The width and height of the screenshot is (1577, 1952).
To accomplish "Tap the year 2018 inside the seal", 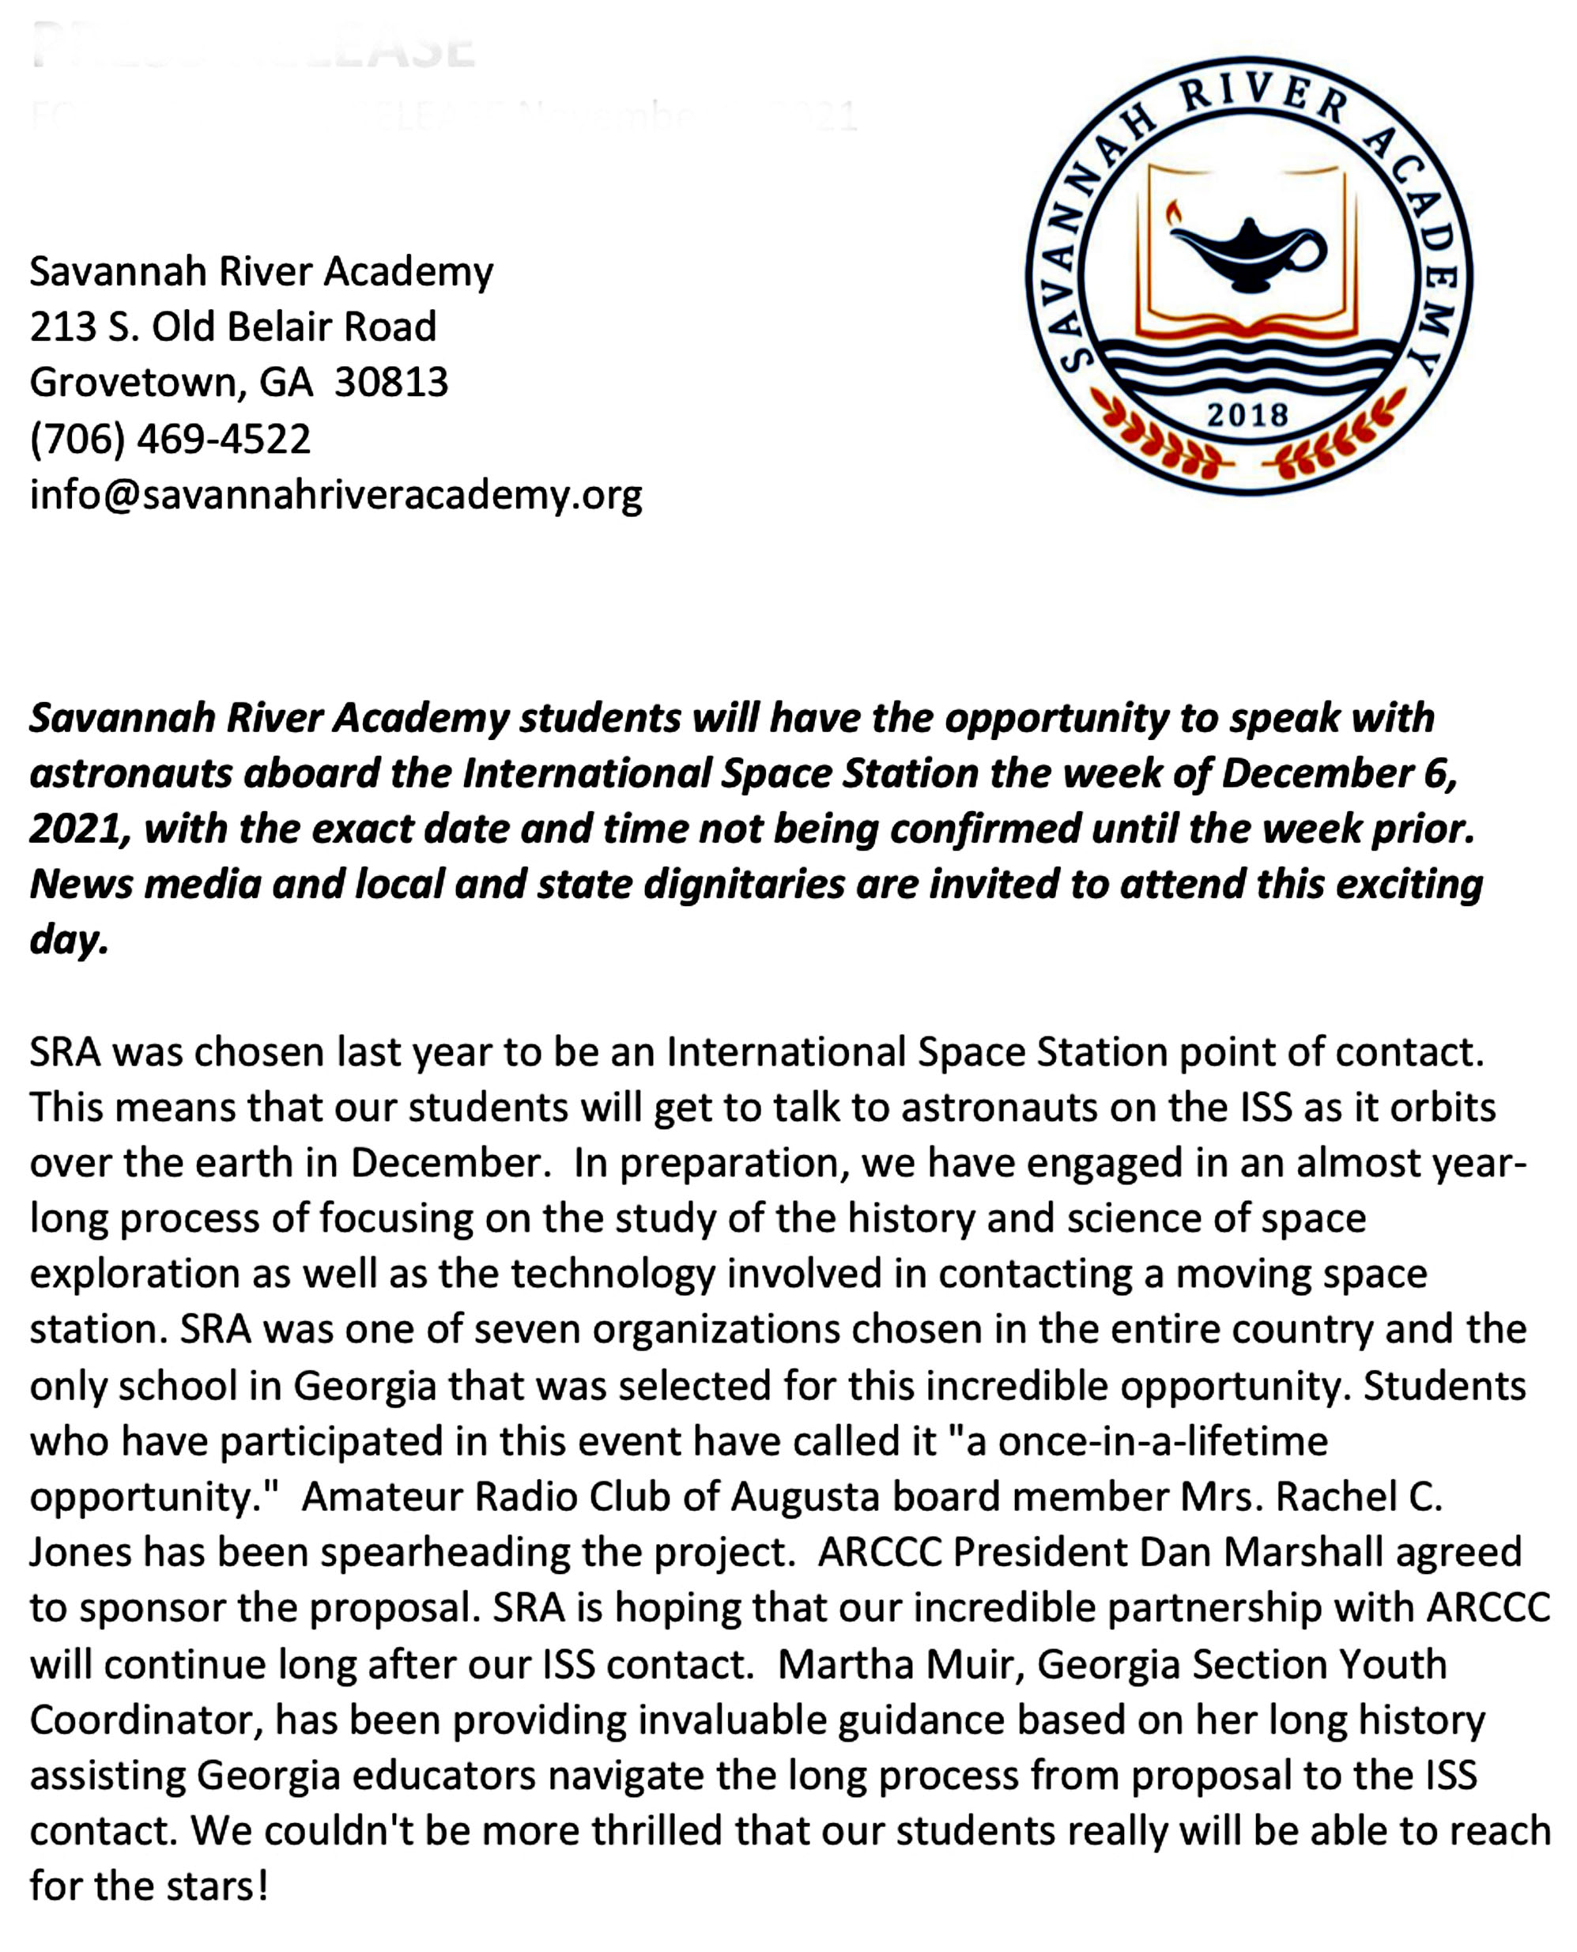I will tap(1248, 415).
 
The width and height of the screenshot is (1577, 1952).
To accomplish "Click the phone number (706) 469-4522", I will tap(170, 439).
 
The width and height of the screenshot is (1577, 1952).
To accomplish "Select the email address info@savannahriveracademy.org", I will tap(335, 494).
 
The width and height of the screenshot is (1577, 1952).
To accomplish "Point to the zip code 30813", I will tap(390, 383).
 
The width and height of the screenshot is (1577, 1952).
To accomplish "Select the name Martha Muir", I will tap(899, 1664).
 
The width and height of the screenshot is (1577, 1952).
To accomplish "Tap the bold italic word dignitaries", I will tap(744, 884).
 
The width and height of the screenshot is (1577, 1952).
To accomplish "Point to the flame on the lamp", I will tap(1174, 213).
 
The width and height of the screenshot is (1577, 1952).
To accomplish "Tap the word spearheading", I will tap(445, 1552).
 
